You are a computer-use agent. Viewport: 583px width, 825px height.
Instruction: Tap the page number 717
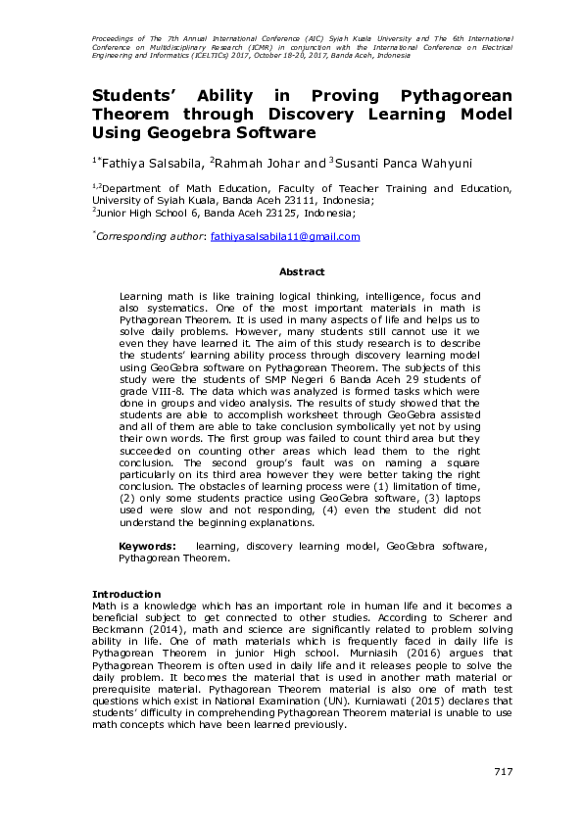[x=503, y=772]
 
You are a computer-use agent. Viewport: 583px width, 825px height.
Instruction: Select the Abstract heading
[x=302, y=271]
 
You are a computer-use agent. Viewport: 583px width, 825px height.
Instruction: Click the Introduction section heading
[x=125, y=594]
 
